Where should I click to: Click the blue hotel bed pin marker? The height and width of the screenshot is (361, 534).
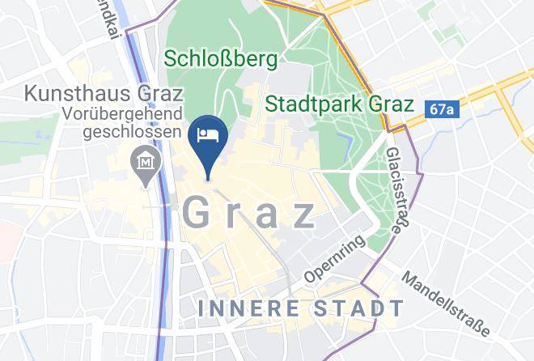(208, 140)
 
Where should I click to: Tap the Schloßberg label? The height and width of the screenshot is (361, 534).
(220, 59)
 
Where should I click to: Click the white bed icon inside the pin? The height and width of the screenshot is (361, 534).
(208, 134)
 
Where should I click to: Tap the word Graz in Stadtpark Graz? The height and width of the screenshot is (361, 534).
(391, 104)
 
